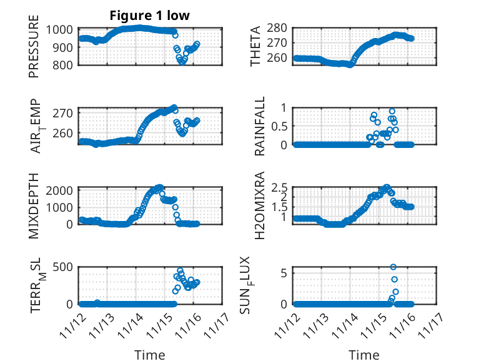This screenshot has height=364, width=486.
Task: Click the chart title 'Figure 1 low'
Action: (x=149, y=16)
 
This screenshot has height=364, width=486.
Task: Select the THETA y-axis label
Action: (x=257, y=47)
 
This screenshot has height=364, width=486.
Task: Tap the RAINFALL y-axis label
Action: (x=259, y=126)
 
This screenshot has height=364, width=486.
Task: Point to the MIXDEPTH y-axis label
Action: (x=34, y=205)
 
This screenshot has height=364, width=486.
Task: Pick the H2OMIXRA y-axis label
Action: (x=259, y=205)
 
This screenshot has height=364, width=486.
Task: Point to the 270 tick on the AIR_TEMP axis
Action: (x=66, y=113)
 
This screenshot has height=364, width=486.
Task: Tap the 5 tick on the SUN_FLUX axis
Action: (x=284, y=273)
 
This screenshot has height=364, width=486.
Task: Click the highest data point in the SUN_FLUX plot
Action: (x=394, y=267)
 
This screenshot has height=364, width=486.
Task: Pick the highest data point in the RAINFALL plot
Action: (x=392, y=111)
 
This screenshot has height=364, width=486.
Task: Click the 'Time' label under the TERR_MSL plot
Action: (x=150, y=355)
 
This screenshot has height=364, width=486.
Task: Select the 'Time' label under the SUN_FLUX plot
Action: (x=364, y=355)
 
